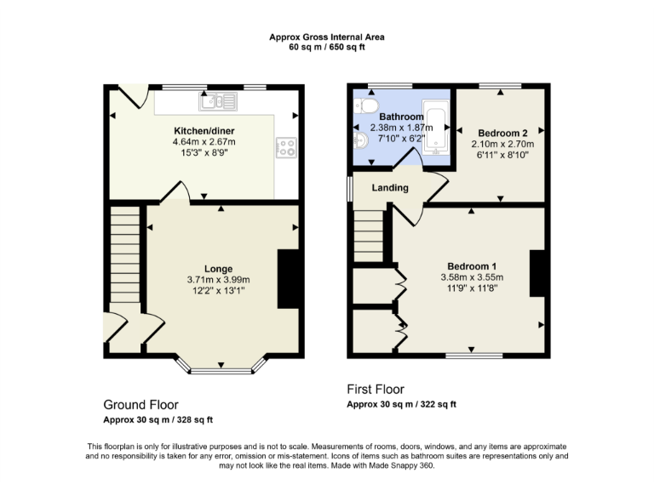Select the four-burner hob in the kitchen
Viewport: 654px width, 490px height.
(x=286, y=147)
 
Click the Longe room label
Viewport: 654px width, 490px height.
(x=218, y=269)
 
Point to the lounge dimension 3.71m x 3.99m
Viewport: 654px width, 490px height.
(x=218, y=279)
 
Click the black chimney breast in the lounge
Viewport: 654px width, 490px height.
(x=289, y=278)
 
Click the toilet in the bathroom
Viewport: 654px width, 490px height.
(x=367, y=104)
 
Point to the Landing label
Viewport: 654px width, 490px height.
(x=390, y=187)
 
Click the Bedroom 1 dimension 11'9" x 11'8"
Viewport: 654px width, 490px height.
(x=472, y=288)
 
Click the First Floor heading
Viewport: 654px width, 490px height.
(x=376, y=389)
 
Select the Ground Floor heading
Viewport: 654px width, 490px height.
(x=141, y=404)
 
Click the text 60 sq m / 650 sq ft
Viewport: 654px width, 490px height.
(x=327, y=47)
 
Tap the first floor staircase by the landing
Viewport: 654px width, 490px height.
(x=369, y=236)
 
